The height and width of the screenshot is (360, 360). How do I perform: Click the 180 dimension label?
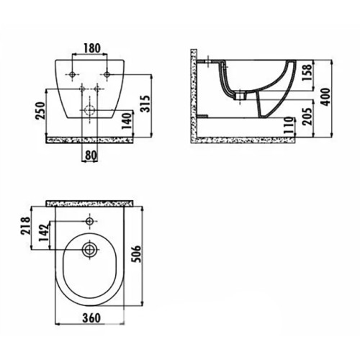92,48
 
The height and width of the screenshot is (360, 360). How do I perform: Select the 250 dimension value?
40,111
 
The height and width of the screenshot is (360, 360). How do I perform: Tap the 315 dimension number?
145,104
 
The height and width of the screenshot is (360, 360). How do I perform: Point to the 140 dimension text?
127,121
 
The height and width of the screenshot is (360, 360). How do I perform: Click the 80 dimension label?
91,156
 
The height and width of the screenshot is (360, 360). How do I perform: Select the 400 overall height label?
325,97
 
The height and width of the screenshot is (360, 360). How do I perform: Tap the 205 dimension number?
307,116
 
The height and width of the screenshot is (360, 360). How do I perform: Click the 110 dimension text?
288,125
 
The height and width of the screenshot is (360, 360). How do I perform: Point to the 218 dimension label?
26,226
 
